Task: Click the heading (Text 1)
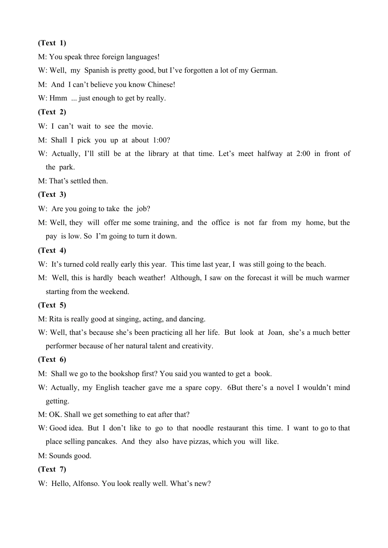[52, 43]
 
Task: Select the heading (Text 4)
[52, 250]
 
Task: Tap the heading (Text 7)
[52, 469]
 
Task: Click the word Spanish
[96, 70]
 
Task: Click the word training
[165, 223]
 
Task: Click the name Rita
[56, 319]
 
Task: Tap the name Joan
[275, 332]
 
